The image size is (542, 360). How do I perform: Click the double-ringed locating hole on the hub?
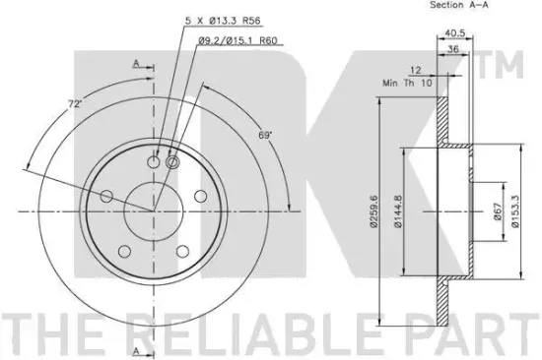(x=172, y=163)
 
